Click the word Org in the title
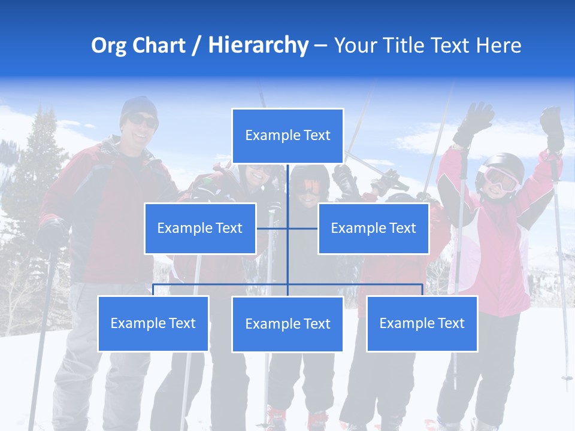click(109, 46)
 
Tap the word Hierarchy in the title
click(258, 46)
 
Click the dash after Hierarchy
click(321, 46)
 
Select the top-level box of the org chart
click(287, 135)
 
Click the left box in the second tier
click(200, 228)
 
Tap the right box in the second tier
click(373, 228)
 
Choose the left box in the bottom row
click(153, 323)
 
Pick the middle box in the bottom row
click(287, 324)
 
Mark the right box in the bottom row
click(422, 323)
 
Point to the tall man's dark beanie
click(138, 106)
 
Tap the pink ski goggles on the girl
click(500, 178)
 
